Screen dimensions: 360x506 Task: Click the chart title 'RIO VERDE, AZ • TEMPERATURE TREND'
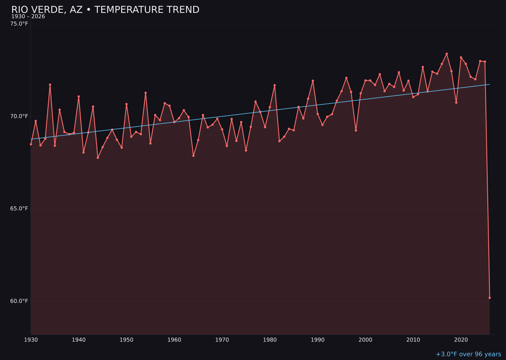click(x=105, y=10)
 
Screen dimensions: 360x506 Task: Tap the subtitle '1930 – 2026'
click(x=28, y=16)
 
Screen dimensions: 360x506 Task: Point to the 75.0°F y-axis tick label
click(x=19, y=23)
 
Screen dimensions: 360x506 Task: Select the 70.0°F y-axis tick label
click(x=19, y=116)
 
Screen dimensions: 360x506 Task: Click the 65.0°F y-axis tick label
click(x=19, y=209)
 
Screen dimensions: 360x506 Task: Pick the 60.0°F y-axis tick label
click(x=19, y=301)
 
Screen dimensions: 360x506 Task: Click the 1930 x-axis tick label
click(x=31, y=340)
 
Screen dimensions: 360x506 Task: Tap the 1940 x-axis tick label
click(x=79, y=340)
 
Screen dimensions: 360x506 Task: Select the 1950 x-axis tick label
click(x=126, y=340)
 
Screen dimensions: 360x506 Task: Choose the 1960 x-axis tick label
click(x=174, y=340)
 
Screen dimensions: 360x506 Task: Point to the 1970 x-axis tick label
click(x=222, y=340)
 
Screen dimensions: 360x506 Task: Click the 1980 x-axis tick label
click(x=270, y=340)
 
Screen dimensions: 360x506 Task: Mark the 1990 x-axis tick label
click(x=318, y=340)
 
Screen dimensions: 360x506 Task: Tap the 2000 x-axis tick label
click(x=365, y=340)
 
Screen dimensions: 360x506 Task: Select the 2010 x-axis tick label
click(x=413, y=340)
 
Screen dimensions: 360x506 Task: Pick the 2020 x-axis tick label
click(x=461, y=340)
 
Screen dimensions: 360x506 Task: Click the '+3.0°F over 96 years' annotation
click(x=468, y=354)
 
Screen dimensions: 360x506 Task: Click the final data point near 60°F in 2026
click(x=490, y=298)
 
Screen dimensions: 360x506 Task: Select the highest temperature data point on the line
click(x=446, y=54)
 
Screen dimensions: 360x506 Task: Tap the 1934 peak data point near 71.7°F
click(x=50, y=85)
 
